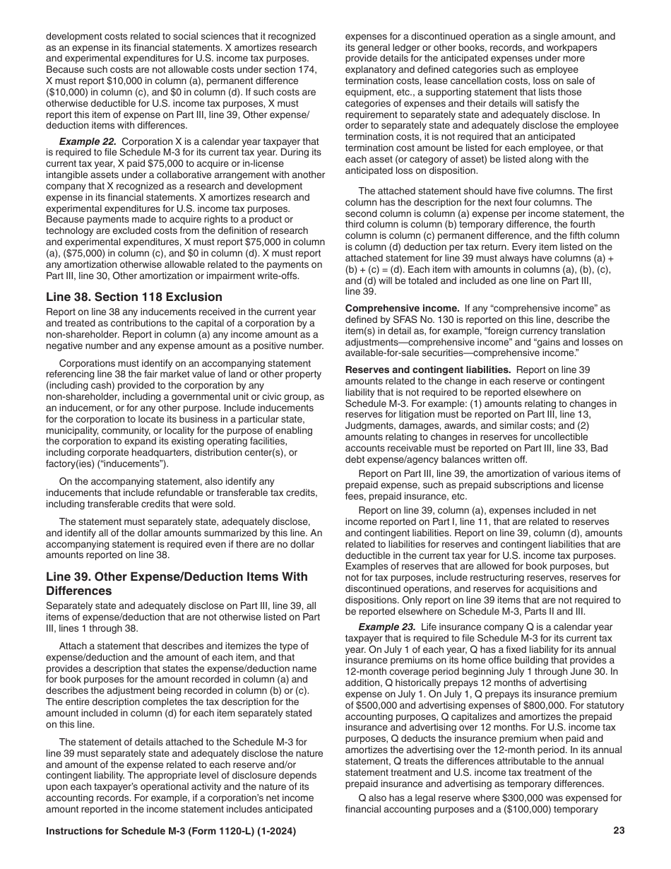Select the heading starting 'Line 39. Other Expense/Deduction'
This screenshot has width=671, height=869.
177,584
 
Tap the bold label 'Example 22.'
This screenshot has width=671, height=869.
88,141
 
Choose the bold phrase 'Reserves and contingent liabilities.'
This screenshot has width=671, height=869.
428,370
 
